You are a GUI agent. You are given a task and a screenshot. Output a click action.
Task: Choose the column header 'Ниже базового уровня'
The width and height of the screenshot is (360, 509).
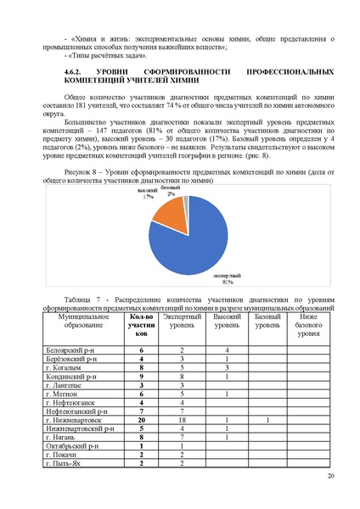click(x=307, y=326)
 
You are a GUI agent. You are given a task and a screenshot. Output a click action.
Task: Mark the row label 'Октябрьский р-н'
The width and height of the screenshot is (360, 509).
click(x=72, y=445)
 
